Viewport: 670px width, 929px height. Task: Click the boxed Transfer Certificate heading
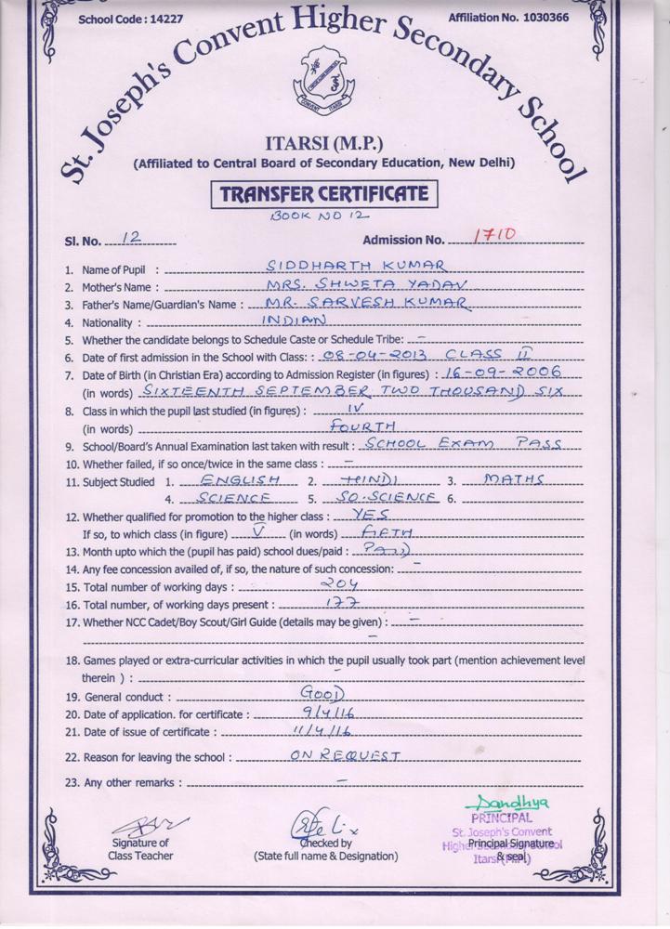tap(323, 194)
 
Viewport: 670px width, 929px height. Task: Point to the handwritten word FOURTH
tap(364, 425)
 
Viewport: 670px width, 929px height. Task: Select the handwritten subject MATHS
tap(514, 479)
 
